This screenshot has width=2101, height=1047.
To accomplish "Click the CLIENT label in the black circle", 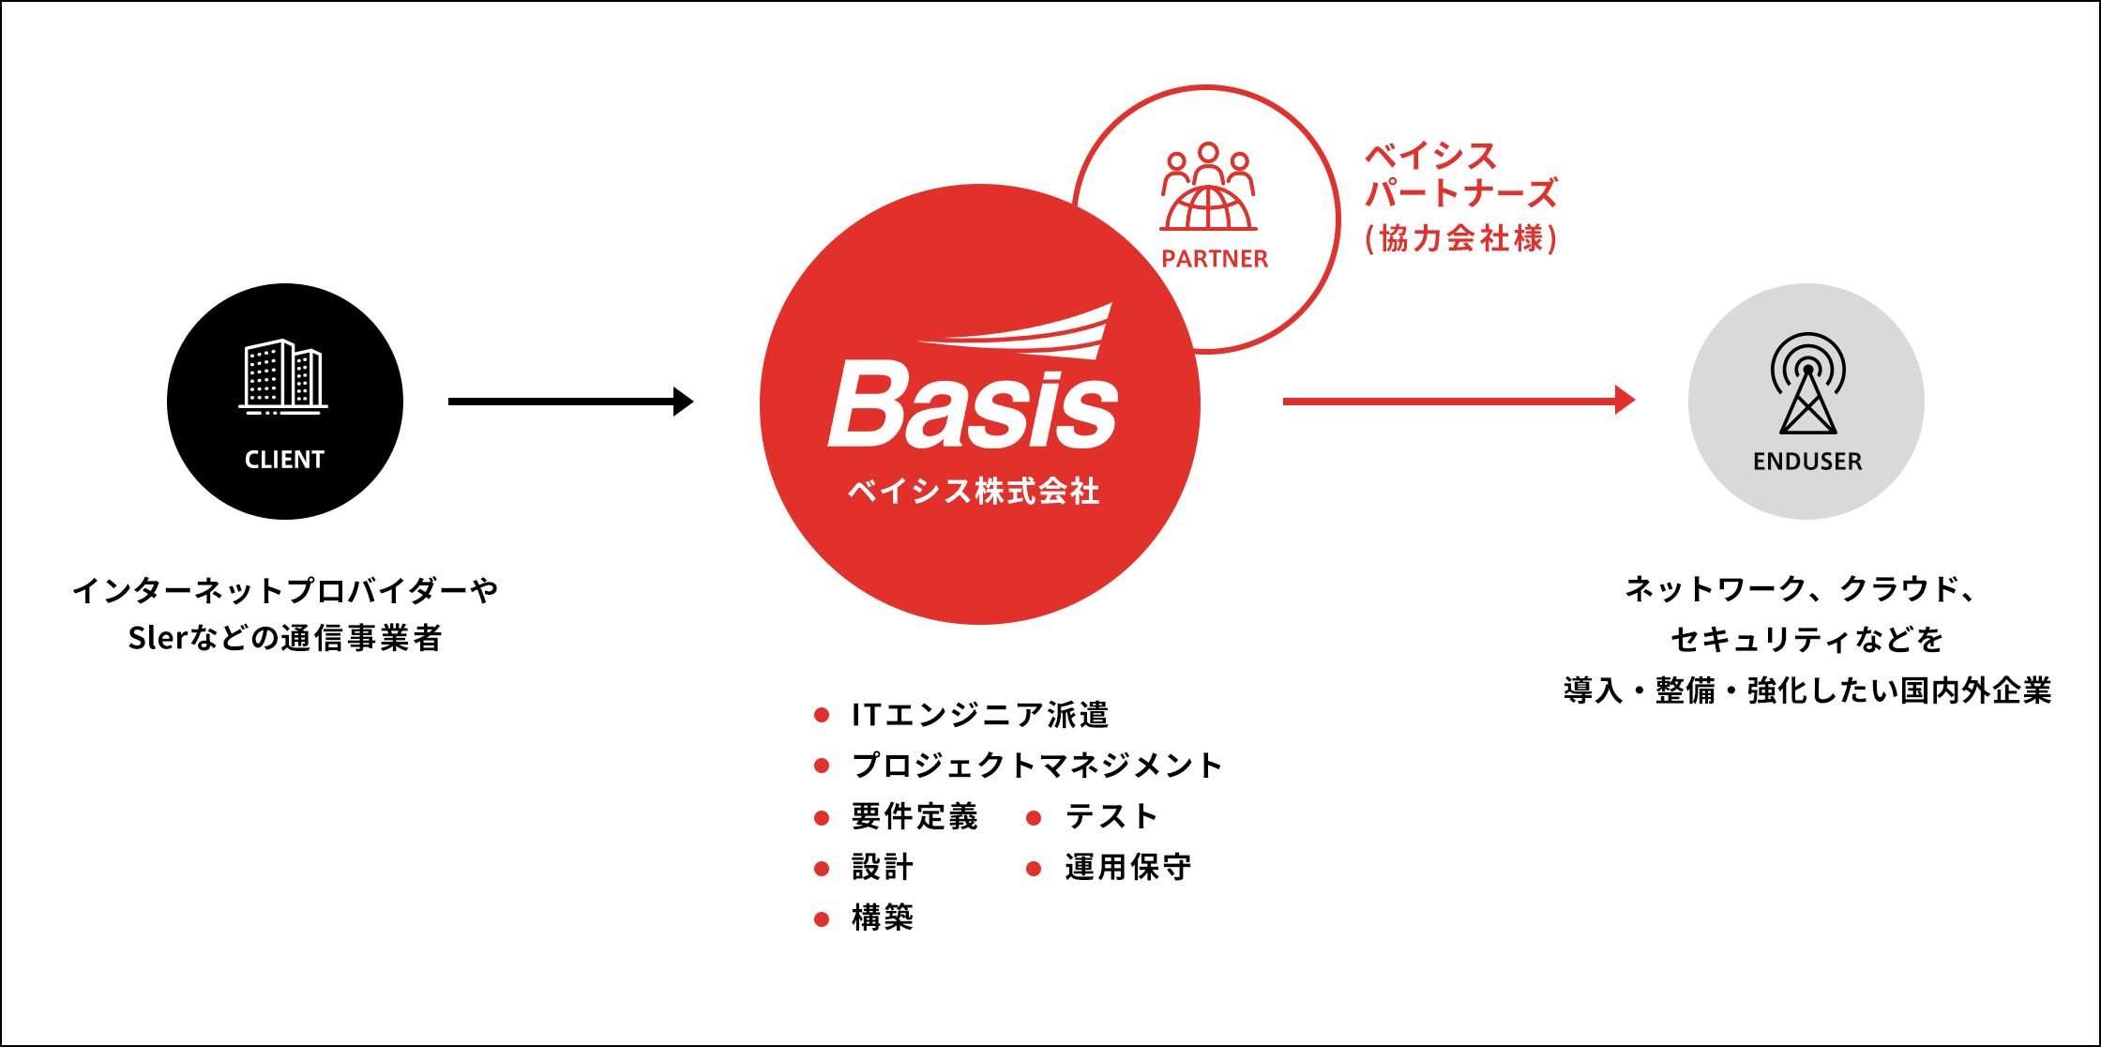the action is click(x=284, y=460).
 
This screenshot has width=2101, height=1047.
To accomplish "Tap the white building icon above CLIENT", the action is click(x=283, y=376).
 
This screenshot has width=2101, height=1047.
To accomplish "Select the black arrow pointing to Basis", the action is click(x=571, y=402).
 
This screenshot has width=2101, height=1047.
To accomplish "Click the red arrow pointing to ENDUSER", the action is click(x=1459, y=401).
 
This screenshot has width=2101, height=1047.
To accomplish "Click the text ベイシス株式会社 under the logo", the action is click(x=974, y=491).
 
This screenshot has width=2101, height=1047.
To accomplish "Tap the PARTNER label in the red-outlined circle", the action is click(x=1215, y=259).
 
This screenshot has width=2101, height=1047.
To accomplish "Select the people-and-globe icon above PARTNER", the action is click(x=1208, y=187).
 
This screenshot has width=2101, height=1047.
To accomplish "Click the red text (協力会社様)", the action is click(x=1461, y=238).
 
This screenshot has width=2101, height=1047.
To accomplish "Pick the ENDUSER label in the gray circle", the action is click(x=1807, y=462).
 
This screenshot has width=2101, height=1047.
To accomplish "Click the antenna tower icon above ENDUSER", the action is click(x=1808, y=383).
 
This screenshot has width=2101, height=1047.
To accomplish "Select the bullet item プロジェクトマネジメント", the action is click(x=1036, y=766).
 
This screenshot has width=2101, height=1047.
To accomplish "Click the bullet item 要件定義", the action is click(x=914, y=816).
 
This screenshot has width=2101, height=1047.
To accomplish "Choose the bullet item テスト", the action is click(x=1111, y=816).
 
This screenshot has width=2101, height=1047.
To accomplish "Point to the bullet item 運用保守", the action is click(x=1128, y=867).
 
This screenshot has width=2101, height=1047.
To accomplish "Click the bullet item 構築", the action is click(x=883, y=918).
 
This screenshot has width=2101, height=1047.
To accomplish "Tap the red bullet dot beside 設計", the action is click(x=822, y=869).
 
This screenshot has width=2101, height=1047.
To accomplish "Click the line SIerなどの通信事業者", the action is click(x=285, y=638).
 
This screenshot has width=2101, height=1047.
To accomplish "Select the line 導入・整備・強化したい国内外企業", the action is click(x=1807, y=690).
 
